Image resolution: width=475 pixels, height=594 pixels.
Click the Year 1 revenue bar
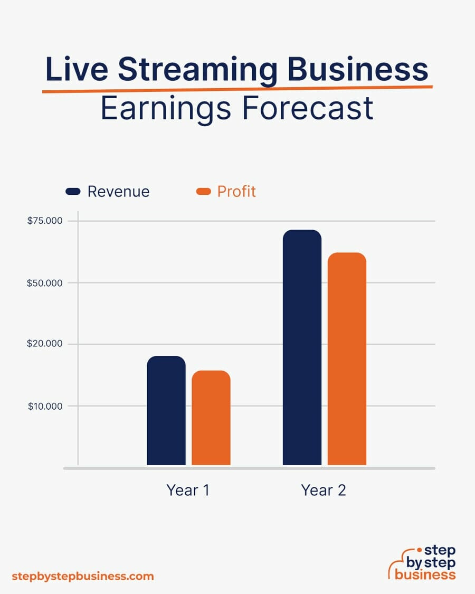coord(166,410)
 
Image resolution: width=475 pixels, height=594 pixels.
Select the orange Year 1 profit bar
coord(211,418)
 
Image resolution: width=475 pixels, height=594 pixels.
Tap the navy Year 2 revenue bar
coord(302,347)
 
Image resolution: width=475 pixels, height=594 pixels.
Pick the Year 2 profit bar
coord(347,359)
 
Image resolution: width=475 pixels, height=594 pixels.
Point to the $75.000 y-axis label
coord(45,221)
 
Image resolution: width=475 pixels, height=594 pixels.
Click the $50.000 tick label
coord(45,283)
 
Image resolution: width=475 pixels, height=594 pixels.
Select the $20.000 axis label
coord(45,344)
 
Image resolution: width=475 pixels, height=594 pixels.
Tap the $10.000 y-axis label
coord(45,407)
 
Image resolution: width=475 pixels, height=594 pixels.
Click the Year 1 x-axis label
coord(188,490)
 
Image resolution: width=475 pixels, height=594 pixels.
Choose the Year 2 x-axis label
coord(324,490)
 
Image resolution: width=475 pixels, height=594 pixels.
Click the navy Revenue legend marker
coord(73,191)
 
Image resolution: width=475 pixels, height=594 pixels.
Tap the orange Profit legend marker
coord(203,191)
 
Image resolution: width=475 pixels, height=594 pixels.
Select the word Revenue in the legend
coord(119,192)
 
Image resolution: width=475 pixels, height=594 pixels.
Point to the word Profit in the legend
coord(236,191)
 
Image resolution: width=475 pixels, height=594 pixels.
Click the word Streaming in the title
coord(198,70)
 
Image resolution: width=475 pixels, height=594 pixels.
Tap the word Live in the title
coord(77,69)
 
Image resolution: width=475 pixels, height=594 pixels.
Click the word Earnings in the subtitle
coord(166,109)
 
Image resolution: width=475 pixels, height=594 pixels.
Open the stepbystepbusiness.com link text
coord(82,576)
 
